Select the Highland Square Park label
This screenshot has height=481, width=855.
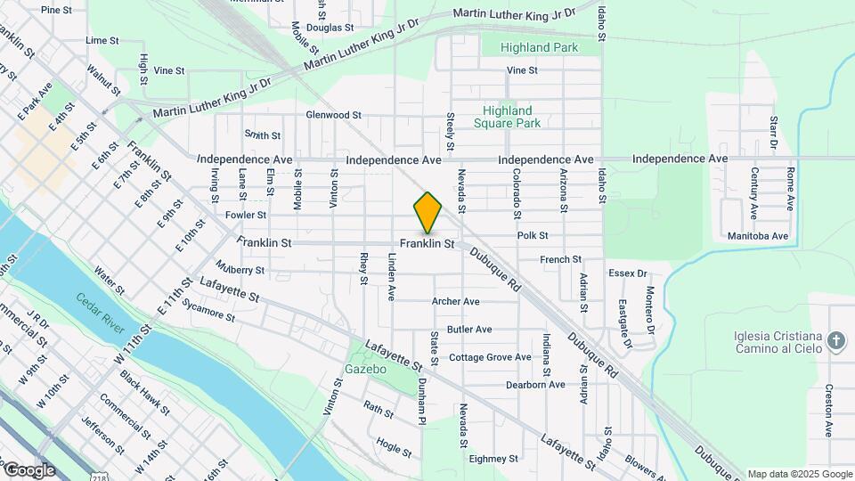click(507, 117)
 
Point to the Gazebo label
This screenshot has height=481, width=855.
click(365, 369)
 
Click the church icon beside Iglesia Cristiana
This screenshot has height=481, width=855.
click(835, 340)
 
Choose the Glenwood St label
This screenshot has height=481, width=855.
click(333, 115)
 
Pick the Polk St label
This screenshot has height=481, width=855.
click(533, 236)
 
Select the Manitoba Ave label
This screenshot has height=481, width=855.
click(757, 236)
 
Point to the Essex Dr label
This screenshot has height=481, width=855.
click(627, 273)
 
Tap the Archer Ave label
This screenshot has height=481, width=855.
click(455, 302)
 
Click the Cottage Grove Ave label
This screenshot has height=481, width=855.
click(490, 357)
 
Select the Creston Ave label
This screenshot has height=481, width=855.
click(828, 411)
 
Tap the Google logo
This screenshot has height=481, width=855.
click(29, 469)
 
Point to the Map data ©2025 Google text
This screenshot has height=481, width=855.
click(799, 474)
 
